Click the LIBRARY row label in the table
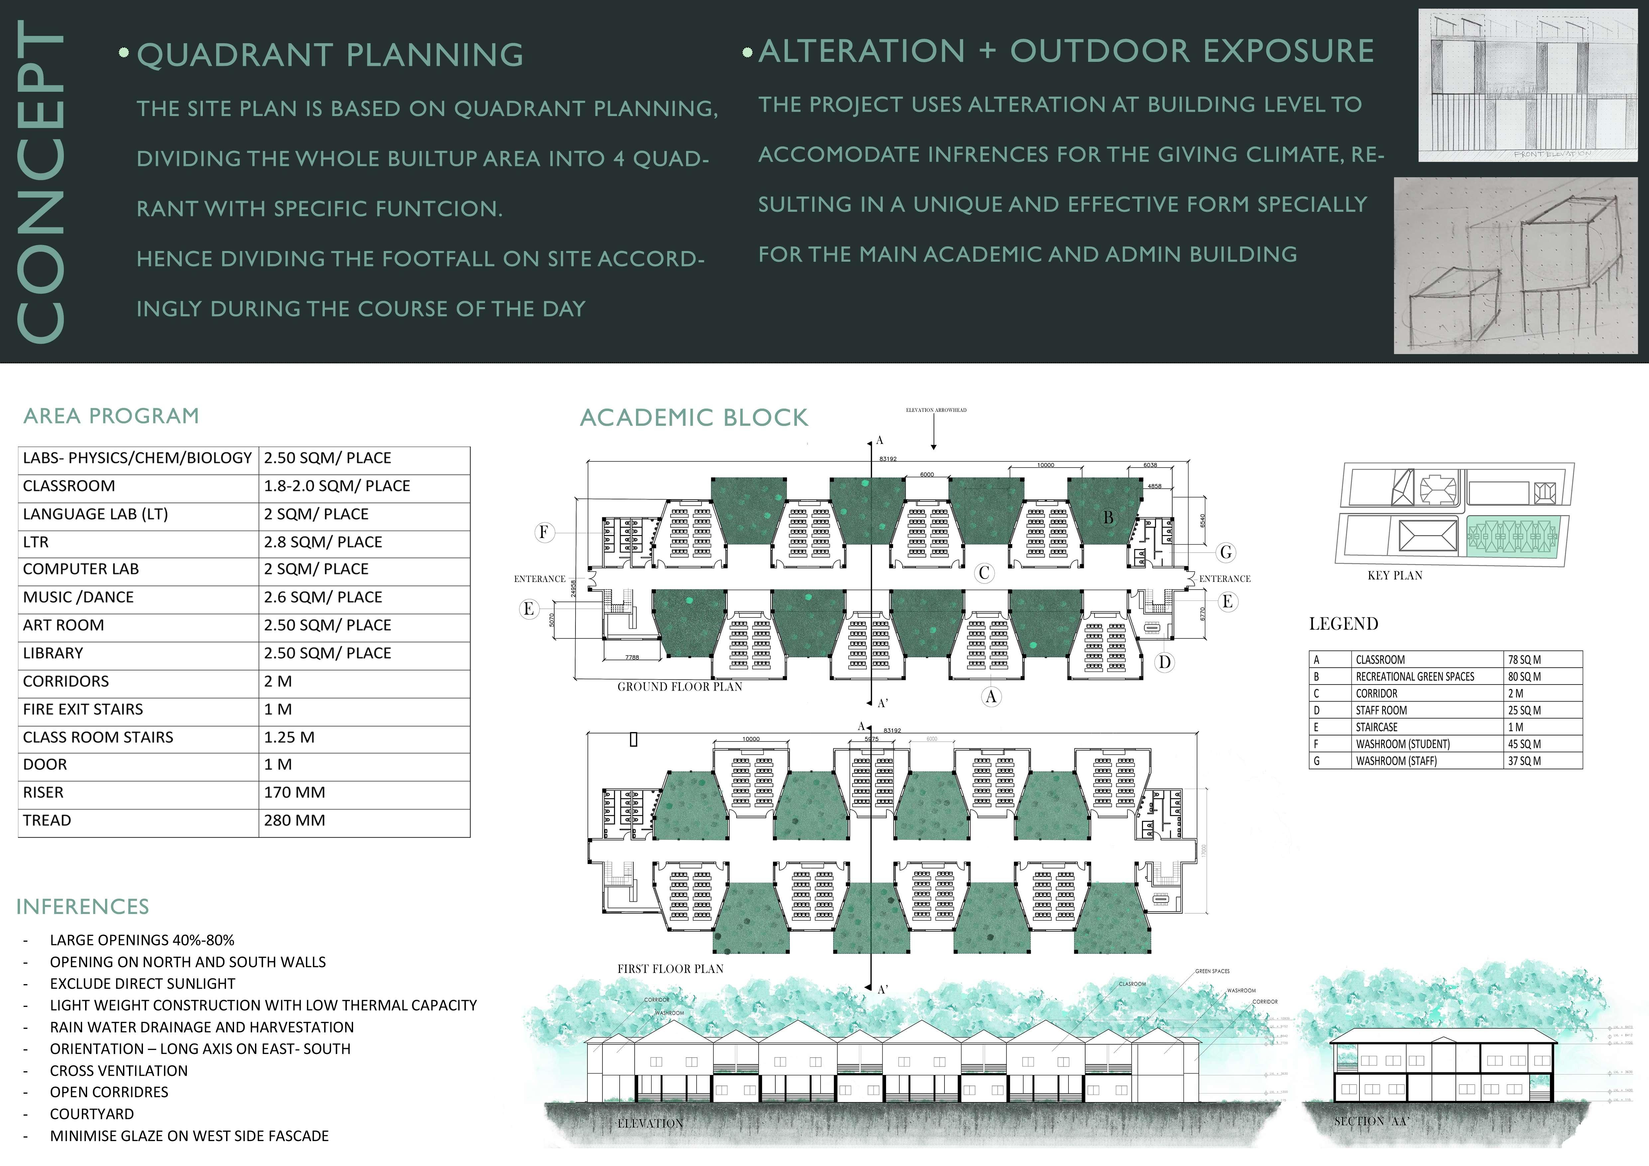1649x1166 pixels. [x=53, y=653]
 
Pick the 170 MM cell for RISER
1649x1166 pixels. [x=295, y=792]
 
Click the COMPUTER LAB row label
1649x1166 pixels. [x=80, y=569]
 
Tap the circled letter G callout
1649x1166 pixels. [x=1225, y=553]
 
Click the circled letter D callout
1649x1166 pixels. [x=1164, y=662]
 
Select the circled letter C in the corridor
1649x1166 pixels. [x=984, y=573]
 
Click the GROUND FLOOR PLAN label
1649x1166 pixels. [x=680, y=687]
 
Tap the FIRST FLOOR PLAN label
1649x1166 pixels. [x=670, y=969]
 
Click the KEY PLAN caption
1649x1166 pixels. [x=1395, y=576]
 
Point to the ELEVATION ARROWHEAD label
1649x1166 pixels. [x=936, y=410]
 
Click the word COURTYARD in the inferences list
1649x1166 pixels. [x=92, y=1114]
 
